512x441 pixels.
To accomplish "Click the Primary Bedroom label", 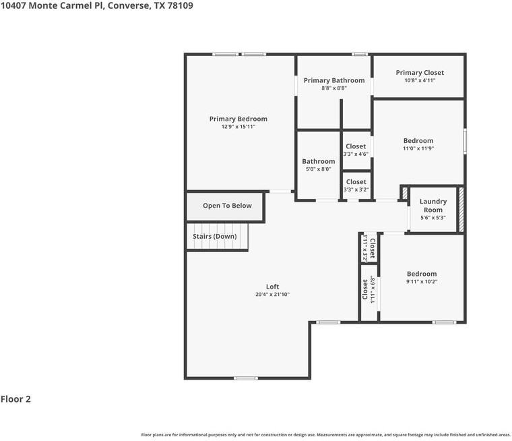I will pyautogui.click(x=238, y=119).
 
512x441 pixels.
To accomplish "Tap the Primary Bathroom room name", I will pyautogui.click(x=334, y=81).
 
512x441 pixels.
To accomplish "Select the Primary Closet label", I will pyautogui.click(x=420, y=73).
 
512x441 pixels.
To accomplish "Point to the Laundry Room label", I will pyautogui.click(x=433, y=206).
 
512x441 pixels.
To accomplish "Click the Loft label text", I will pyautogui.click(x=272, y=287).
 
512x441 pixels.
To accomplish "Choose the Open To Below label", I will pyautogui.click(x=227, y=206).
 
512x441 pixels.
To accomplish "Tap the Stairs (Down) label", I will pyautogui.click(x=215, y=237).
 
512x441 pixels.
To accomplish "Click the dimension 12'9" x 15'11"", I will pyautogui.click(x=238, y=127).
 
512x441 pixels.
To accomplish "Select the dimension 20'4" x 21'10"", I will pyautogui.click(x=272, y=295).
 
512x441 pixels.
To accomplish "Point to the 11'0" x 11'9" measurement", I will pyautogui.click(x=418, y=148).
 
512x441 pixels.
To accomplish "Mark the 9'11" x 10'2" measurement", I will pyautogui.click(x=422, y=281).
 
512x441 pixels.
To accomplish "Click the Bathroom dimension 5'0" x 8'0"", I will pyautogui.click(x=318, y=169).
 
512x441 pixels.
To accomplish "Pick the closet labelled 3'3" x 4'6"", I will pyautogui.click(x=356, y=150).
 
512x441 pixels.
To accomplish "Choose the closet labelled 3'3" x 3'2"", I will pyautogui.click(x=356, y=185).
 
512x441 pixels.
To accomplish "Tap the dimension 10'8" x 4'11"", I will pyautogui.click(x=420, y=80).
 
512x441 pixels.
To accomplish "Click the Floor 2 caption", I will pyautogui.click(x=15, y=399).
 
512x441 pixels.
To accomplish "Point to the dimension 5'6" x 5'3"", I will pyautogui.click(x=433, y=218).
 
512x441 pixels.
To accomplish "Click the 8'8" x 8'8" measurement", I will pyautogui.click(x=334, y=88).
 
